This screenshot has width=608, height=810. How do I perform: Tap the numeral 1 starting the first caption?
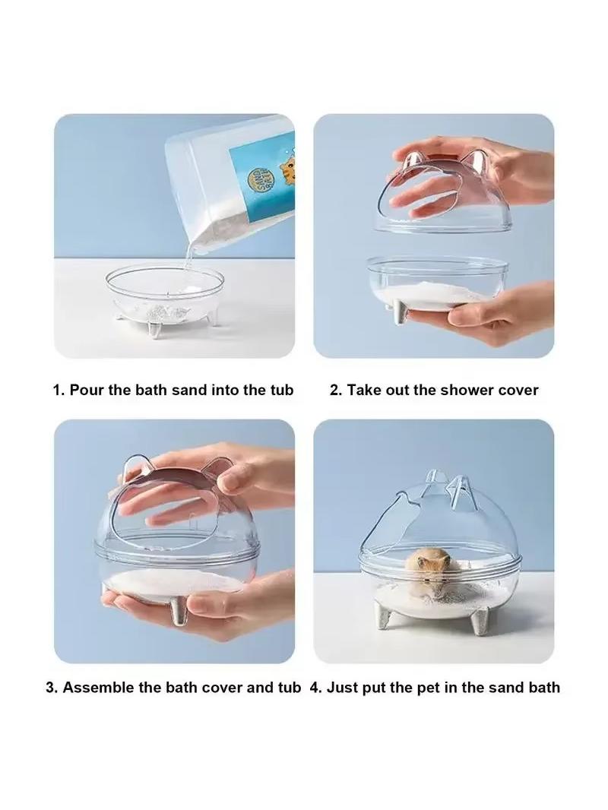57,390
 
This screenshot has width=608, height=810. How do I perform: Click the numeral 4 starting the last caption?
314,688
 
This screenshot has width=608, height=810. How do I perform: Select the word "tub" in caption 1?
282,390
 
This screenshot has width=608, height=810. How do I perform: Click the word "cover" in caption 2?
519,390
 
